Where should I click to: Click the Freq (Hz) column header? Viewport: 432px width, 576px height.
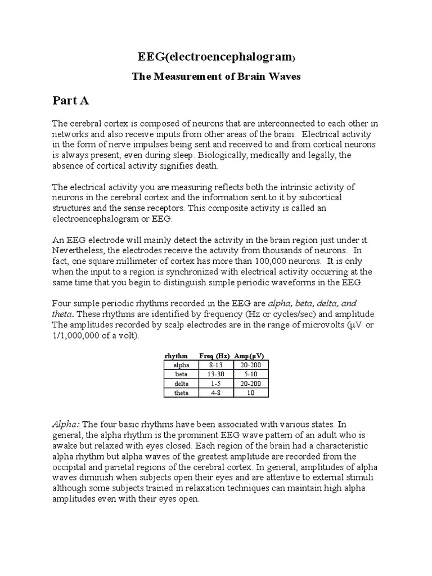[213, 356]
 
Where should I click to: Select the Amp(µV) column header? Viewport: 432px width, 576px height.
[249, 356]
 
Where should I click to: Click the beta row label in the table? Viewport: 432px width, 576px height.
[182, 374]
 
